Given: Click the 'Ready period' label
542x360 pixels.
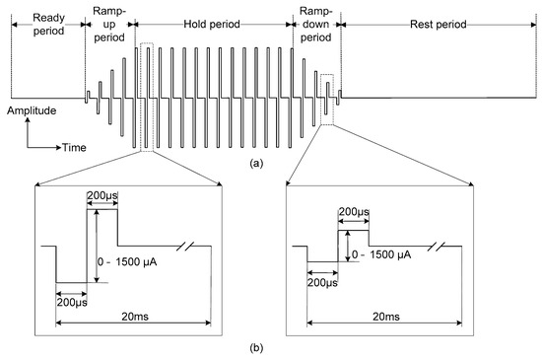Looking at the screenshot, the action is click(x=48, y=25).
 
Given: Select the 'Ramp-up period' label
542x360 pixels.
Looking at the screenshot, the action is click(x=109, y=25).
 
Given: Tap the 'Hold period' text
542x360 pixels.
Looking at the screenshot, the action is click(x=212, y=25).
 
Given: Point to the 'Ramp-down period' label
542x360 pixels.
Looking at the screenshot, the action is click(x=315, y=25).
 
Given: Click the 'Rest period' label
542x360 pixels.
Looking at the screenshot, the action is click(x=438, y=25).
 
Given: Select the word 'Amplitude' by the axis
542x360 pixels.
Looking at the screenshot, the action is click(x=32, y=110).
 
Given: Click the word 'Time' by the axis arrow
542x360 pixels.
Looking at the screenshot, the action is click(x=74, y=148).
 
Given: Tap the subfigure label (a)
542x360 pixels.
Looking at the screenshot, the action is click(x=256, y=163).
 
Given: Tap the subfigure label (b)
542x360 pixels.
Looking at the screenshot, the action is click(x=256, y=348).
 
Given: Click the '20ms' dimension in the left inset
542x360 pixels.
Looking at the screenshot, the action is click(x=135, y=316).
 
